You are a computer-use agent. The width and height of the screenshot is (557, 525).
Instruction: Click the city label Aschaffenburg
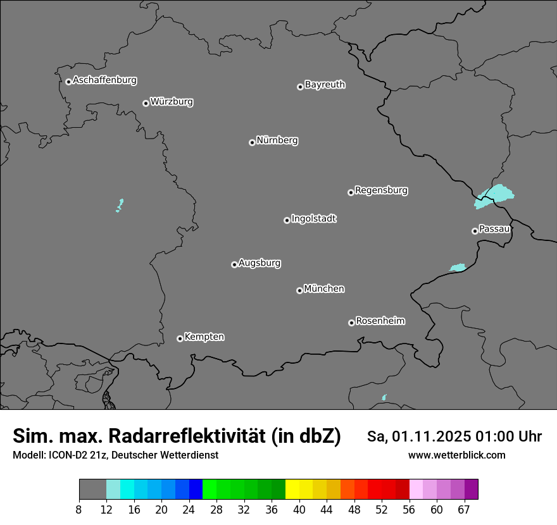coord(104,80)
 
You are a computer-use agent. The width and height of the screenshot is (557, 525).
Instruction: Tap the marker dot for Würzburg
coord(146,103)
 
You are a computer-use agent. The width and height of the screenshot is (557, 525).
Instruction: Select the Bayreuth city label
coord(325,84)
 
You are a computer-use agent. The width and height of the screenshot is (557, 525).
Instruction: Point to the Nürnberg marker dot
coord(252,142)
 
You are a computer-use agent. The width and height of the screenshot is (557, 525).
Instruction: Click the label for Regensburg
coord(381,190)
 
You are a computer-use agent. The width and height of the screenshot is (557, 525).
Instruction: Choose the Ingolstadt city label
coord(313,219)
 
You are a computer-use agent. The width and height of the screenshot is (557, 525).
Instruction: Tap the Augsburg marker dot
coord(234,264)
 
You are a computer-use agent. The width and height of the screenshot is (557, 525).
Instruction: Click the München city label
coord(324,289)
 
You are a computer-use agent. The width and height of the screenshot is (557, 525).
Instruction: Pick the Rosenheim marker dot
coord(351,323)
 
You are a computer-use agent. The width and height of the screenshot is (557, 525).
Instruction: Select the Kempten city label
coord(204,337)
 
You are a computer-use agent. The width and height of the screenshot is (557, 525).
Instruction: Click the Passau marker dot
coord(475,231)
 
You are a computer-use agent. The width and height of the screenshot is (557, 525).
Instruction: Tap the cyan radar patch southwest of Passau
coord(457,268)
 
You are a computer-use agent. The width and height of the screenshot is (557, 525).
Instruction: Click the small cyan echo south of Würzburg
coord(120,205)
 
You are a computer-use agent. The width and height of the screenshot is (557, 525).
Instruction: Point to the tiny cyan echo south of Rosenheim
coord(384,397)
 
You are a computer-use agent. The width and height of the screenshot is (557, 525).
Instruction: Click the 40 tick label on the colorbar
coord(299,510)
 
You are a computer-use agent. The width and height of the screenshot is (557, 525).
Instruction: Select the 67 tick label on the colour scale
coord(464,510)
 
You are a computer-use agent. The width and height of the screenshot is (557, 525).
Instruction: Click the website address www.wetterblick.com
coord(457,455)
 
